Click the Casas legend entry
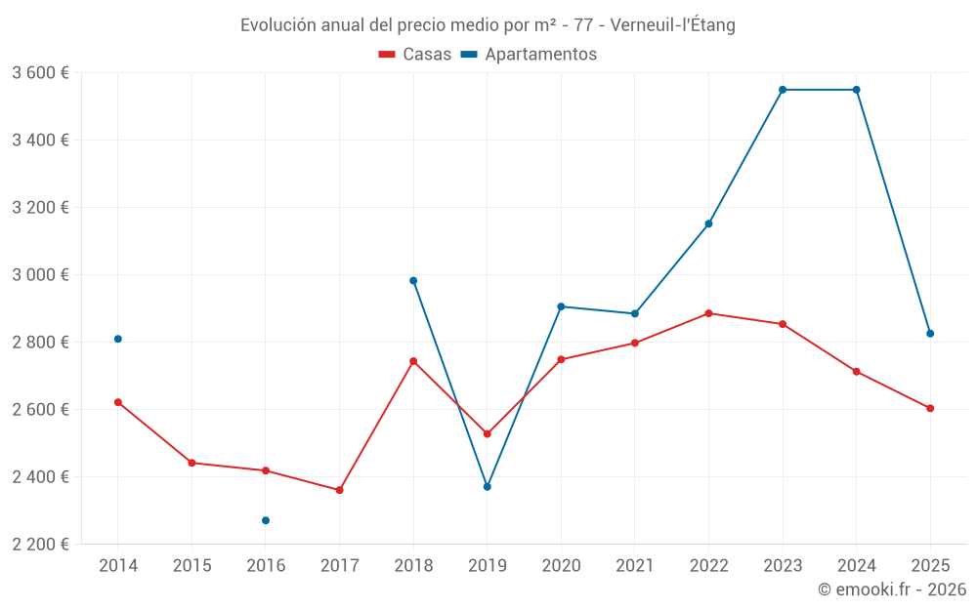click(x=415, y=55)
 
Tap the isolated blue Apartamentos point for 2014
click(x=118, y=339)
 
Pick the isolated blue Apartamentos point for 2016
click(x=266, y=520)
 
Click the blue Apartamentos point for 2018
click(x=413, y=280)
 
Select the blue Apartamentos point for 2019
click(x=488, y=486)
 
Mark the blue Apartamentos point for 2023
click(x=783, y=90)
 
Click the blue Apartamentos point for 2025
click(x=930, y=334)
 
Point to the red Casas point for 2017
click(x=339, y=490)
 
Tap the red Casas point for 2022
click(x=708, y=313)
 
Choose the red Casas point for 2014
click(x=118, y=402)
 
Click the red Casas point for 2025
click(x=930, y=408)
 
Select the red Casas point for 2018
click(x=413, y=361)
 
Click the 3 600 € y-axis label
click(x=40, y=72)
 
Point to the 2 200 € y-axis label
click(x=40, y=544)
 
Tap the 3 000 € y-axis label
click(x=40, y=274)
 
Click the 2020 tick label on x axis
click(x=561, y=565)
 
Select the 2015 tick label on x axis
click(x=191, y=565)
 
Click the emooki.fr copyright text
click(x=891, y=590)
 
